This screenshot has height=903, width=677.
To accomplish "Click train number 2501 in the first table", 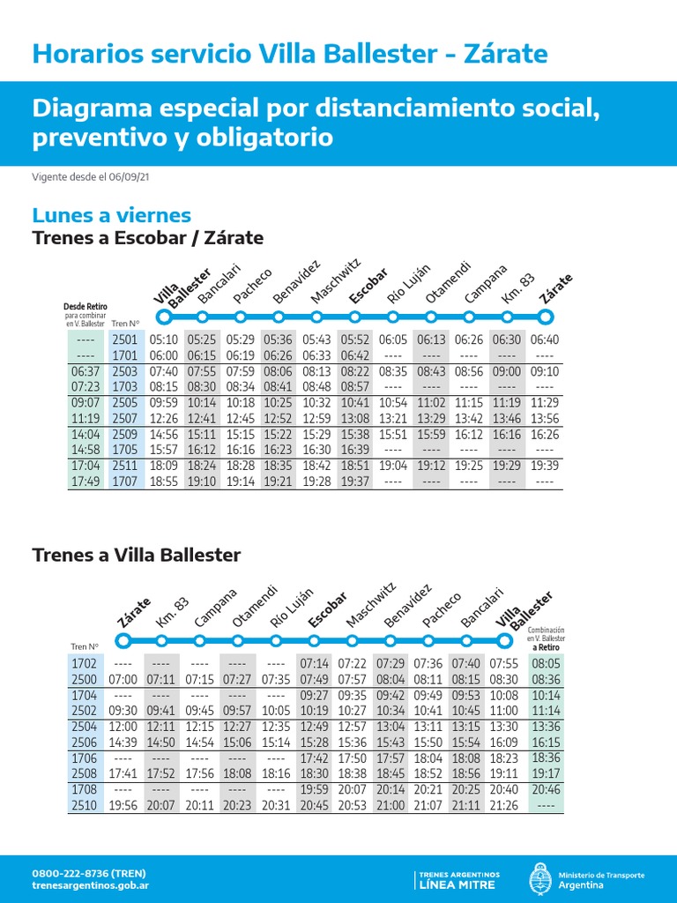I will click(x=125, y=340).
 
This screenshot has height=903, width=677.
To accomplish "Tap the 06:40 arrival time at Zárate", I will click(x=545, y=340).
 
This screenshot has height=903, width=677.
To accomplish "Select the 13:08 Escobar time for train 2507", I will click(x=355, y=418).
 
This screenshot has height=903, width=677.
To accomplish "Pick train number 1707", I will click(x=125, y=481).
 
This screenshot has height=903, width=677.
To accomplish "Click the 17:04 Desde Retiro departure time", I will click(x=86, y=466).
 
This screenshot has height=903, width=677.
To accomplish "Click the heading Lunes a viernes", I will click(x=111, y=215).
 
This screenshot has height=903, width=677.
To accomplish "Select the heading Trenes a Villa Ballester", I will click(x=136, y=556).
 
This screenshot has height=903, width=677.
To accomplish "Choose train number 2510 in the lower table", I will click(x=86, y=804).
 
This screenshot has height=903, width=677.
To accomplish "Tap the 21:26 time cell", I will click(x=504, y=804).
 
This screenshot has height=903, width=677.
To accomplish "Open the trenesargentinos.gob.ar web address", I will click(x=90, y=885).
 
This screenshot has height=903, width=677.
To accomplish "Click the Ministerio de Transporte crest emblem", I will click(x=539, y=879).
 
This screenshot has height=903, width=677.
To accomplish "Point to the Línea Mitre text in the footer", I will click(x=458, y=884).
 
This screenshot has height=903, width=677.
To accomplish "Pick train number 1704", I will click(x=86, y=695).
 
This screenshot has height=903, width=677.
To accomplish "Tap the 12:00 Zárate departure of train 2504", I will click(x=123, y=727).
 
